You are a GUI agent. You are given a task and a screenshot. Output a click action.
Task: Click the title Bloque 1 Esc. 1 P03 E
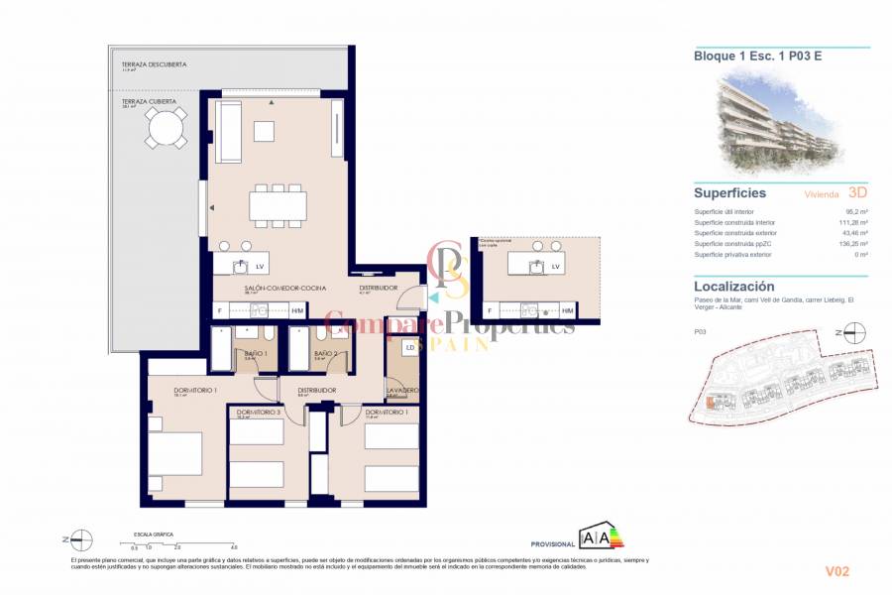tap(757, 57)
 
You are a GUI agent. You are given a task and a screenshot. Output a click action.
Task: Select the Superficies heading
tap(729, 193)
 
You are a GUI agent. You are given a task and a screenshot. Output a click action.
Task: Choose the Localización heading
tap(734, 286)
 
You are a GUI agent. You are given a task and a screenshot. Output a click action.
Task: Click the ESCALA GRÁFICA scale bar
tap(183, 542)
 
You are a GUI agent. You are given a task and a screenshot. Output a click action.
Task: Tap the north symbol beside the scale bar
tap(79, 539)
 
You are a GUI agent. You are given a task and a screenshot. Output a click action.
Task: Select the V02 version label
tap(837, 571)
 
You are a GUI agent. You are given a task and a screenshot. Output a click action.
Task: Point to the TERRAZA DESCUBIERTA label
tap(154, 64)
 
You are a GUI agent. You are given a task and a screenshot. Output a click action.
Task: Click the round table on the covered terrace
tap(166, 127)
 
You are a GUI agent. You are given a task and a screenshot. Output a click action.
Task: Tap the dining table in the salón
tap(279, 204)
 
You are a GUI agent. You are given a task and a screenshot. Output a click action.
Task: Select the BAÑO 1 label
tap(255, 354)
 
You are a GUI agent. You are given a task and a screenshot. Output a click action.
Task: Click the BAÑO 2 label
tap(326, 354)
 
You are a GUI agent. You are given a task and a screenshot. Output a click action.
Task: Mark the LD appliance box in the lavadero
tap(409, 348)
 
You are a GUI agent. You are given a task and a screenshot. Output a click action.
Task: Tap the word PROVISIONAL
tap(553, 544)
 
